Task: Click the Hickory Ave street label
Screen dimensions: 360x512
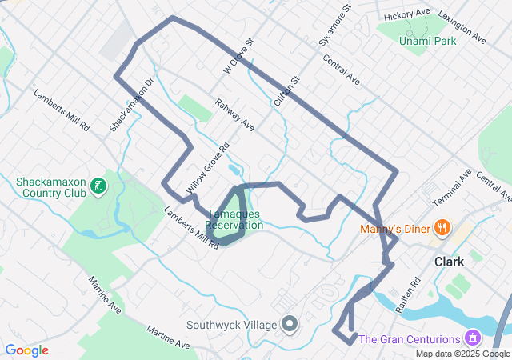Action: tap(406, 15)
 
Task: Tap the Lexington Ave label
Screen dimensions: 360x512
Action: tap(462, 27)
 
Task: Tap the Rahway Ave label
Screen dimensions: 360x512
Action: tap(234, 116)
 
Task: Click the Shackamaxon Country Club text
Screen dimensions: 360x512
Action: tap(50, 187)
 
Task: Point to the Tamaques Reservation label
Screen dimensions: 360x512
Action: tap(234, 220)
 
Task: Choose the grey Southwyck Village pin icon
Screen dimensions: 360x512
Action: tap(289, 324)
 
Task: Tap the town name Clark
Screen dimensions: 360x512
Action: tap(449, 262)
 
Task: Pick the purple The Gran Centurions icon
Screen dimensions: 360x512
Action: tap(473, 338)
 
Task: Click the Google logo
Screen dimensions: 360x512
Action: tap(26, 350)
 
